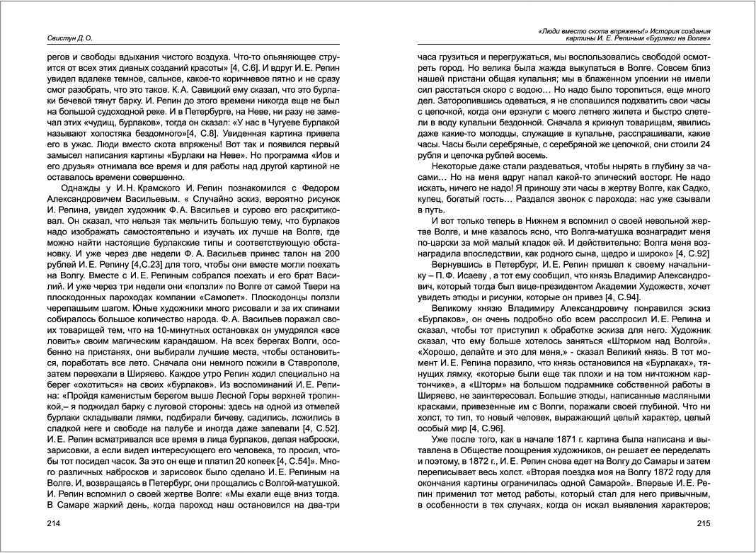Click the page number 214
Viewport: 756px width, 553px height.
pos(54,523)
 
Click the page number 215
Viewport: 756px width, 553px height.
pos(702,523)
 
